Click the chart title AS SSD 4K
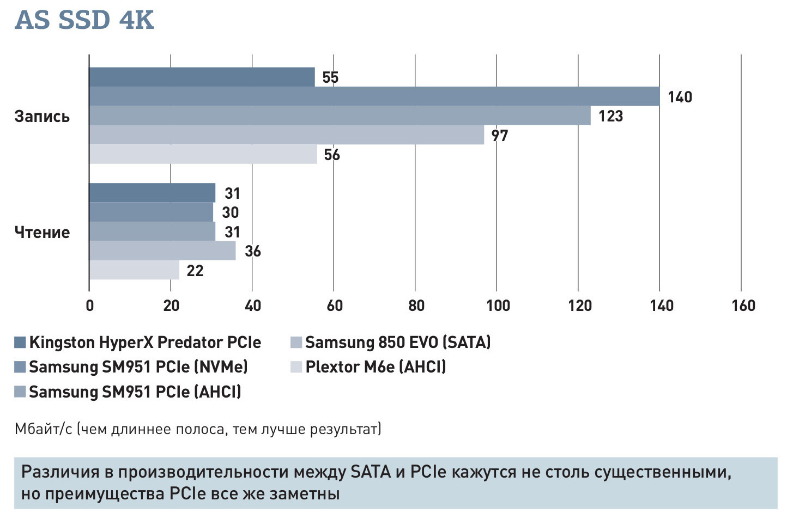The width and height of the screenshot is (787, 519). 84,20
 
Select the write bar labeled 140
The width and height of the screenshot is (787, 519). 374,96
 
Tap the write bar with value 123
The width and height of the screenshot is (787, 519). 340,116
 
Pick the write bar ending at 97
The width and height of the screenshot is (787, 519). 286,135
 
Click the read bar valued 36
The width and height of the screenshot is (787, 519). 162,251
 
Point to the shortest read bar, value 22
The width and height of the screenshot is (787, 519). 134,270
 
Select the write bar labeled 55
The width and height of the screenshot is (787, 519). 202,77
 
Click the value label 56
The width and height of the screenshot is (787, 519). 331,155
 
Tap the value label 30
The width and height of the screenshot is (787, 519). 230,212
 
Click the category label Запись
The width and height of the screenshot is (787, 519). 42,117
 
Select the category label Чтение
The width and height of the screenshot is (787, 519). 42,233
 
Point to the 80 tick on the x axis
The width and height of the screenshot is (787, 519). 416,306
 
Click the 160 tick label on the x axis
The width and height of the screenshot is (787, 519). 743,306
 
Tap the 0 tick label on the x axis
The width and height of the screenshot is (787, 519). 90,306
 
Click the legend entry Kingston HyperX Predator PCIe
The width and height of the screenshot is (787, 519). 144,343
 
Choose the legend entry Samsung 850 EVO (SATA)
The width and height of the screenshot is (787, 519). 397,343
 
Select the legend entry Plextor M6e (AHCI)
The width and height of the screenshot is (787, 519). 375,367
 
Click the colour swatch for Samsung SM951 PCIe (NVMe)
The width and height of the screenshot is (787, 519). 20,367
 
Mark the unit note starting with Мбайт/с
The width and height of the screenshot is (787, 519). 198,429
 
